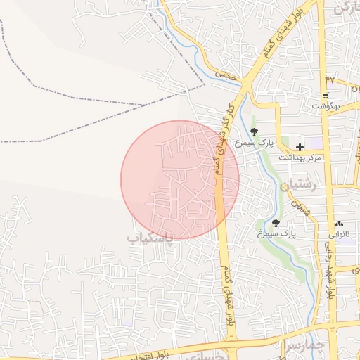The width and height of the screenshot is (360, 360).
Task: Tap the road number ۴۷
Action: pyautogui.click(x=330, y=79)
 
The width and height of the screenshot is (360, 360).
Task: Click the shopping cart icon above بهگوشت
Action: pyautogui.click(x=326, y=95)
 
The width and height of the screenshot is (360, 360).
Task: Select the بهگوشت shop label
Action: pyautogui.click(x=326, y=106)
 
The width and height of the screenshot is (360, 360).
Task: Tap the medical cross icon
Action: pyautogui.click(x=300, y=147)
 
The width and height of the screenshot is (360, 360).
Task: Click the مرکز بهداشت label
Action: pyautogui.click(x=300, y=158)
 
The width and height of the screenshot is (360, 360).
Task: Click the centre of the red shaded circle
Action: pyautogui.click(x=180, y=179)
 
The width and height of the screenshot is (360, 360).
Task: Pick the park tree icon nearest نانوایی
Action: pyautogui.click(x=276, y=223)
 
